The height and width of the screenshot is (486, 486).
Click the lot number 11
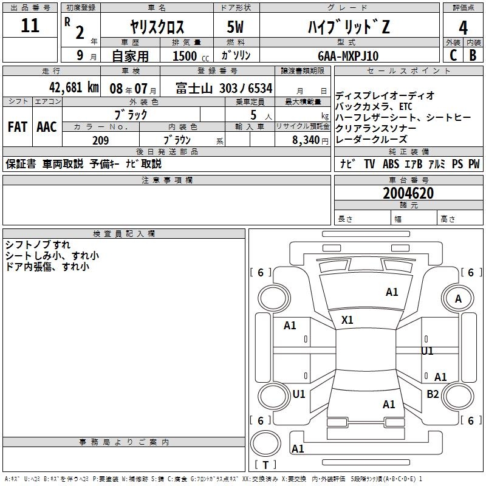click(30, 26)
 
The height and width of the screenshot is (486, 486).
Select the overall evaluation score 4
click(463, 28)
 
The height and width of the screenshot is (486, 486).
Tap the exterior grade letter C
click(453, 55)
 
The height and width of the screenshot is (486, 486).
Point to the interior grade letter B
click(473, 55)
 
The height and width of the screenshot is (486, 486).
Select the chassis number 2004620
click(408, 194)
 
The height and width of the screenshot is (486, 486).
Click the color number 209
click(100, 140)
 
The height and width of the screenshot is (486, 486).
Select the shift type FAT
click(18, 127)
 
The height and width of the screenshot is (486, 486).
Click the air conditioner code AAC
click(47, 127)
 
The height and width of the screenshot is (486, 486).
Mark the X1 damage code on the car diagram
click(347, 320)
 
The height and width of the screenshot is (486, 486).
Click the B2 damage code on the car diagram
click(433, 394)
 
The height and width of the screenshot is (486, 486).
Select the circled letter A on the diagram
click(459, 299)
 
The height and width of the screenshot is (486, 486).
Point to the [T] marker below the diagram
click(265, 465)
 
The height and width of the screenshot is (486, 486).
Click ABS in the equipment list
click(391, 164)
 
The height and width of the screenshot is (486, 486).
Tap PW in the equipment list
click(473, 164)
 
